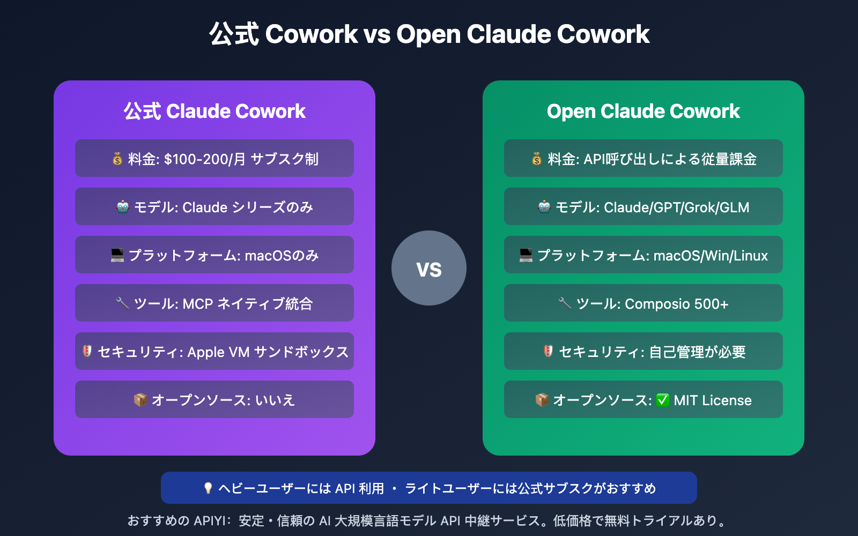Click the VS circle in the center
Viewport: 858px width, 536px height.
pos(429,268)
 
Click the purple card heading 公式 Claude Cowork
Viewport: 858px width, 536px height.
pos(214,111)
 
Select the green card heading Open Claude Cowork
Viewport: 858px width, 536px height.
pos(643,111)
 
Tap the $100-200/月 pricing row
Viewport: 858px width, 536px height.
pos(214,159)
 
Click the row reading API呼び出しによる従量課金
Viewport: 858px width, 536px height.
pos(643,159)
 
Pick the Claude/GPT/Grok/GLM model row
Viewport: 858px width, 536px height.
pos(643,207)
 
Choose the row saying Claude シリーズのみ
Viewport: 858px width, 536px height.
pos(214,207)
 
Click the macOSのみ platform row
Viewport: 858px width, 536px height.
pos(214,255)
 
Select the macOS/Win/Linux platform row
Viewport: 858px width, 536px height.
pos(643,255)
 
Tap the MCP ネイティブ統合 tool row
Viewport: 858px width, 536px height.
pos(214,303)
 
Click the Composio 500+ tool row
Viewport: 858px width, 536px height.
pos(643,303)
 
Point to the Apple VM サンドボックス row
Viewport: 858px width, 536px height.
pos(214,352)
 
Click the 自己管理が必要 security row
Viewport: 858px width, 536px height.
pos(643,352)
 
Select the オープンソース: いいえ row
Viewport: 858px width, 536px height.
pos(214,400)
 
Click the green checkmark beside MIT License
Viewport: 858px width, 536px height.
pos(663,400)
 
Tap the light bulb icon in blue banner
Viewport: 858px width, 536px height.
pos(208,488)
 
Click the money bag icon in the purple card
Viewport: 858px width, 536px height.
pos(117,159)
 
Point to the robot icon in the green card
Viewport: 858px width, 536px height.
pos(544,207)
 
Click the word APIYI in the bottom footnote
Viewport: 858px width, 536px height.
pos(210,521)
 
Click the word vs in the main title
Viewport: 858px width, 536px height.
pos(377,35)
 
